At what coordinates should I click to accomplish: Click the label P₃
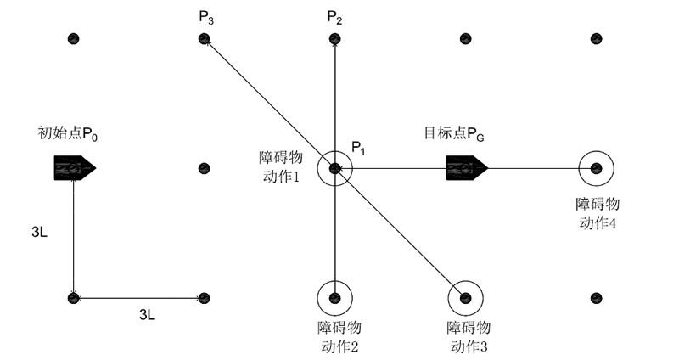coord(205,16)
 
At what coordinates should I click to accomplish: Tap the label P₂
coord(334,16)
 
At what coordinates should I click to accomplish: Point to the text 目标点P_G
coord(454,133)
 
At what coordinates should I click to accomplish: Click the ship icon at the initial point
coord(73,168)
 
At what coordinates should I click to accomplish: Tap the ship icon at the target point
coord(465,168)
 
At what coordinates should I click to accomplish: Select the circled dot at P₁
coord(335,169)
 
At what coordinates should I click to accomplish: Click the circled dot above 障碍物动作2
coord(335,297)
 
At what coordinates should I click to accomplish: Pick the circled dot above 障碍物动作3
coord(465,297)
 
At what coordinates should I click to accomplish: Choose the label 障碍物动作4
coord(597,212)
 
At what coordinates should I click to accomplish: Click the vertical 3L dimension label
coord(40,231)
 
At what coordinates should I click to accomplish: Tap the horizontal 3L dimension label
coord(147,315)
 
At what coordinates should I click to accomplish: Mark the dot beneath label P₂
coord(335,39)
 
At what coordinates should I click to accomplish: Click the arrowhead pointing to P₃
coord(209,44)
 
